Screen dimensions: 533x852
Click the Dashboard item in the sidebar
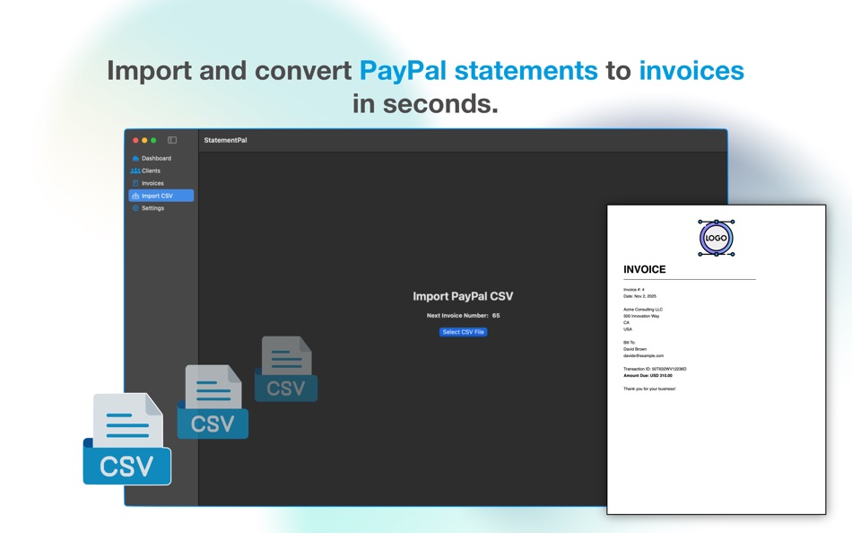pyautogui.click(x=155, y=158)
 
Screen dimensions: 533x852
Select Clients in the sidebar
pyautogui.click(x=150, y=170)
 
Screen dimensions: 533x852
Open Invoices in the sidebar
pyautogui.click(x=152, y=183)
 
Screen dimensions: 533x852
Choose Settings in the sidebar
pyautogui.click(x=152, y=208)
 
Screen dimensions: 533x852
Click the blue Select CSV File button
pyautogui.click(x=464, y=332)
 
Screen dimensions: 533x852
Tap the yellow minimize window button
pyautogui.click(x=144, y=140)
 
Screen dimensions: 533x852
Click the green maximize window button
pyautogui.click(x=153, y=140)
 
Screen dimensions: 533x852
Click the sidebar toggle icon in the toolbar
pyautogui.click(x=172, y=140)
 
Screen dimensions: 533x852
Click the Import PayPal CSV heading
pyautogui.click(x=463, y=296)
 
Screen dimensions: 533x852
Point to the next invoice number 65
pyautogui.click(x=496, y=316)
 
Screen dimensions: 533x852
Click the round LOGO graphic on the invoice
pyautogui.click(x=716, y=238)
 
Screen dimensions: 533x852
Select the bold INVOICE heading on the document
pyautogui.click(x=645, y=269)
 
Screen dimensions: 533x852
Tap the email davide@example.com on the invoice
pyautogui.click(x=643, y=355)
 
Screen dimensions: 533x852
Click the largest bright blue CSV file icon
pyautogui.click(x=126, y=440)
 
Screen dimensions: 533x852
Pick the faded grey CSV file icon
pyautogui.click(x=286, y=369)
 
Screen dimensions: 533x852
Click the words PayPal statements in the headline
pyautogui.click(x=478, y=70)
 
